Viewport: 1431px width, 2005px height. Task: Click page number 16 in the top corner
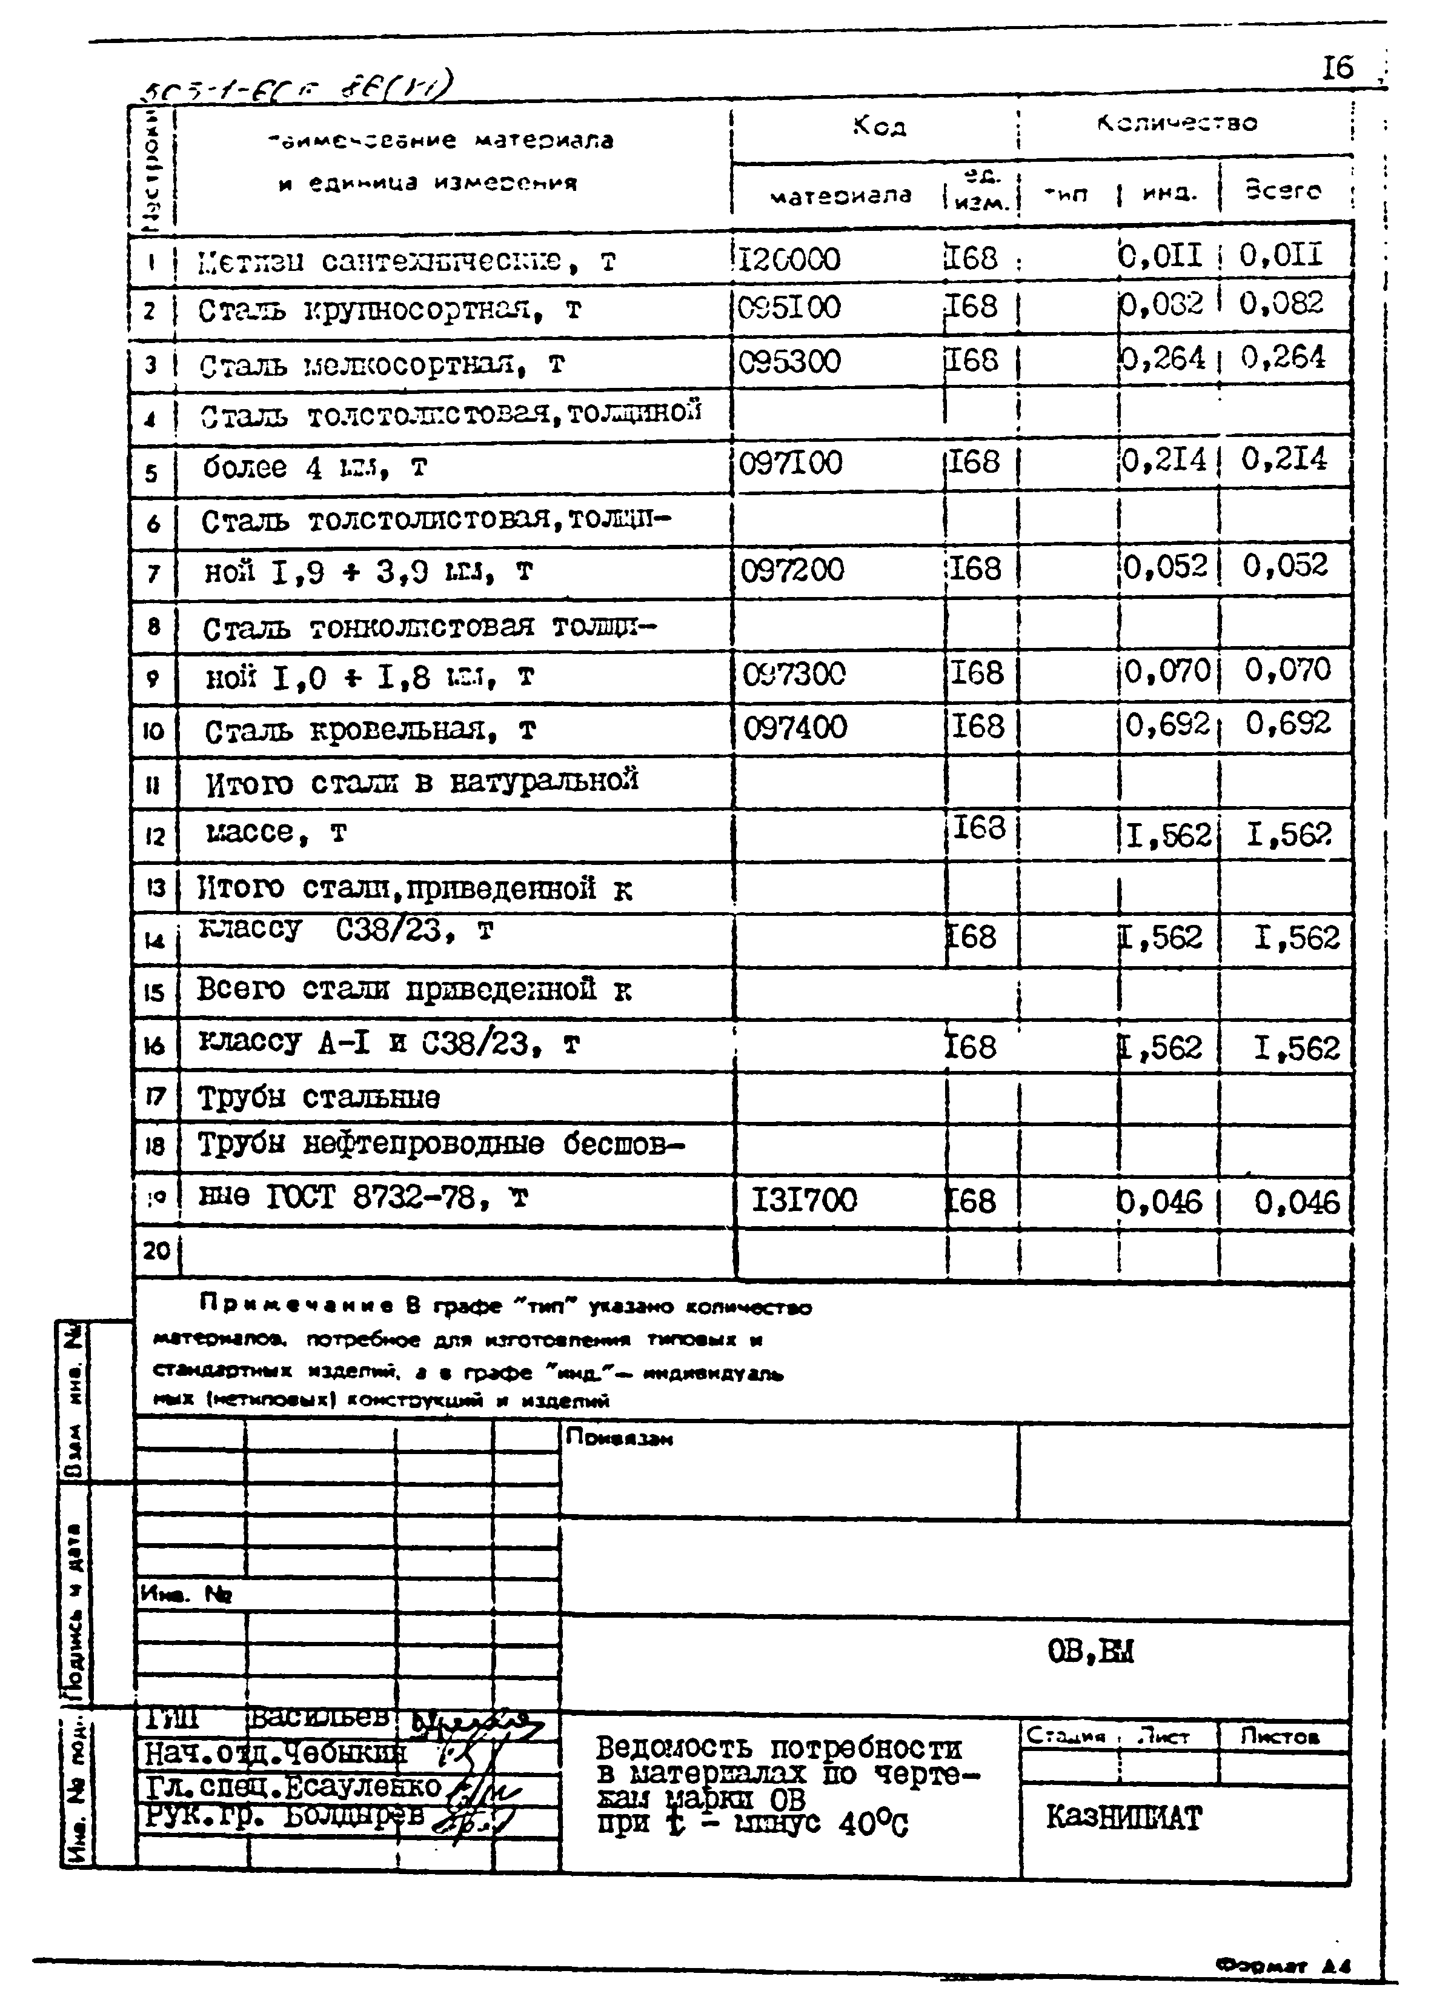click(1336, 68)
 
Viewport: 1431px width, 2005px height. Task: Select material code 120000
click(789, 259)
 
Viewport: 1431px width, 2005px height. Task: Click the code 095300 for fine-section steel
click(789, 361)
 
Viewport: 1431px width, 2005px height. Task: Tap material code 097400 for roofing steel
click(795, 728)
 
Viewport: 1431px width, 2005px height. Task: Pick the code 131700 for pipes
click(803, 1200)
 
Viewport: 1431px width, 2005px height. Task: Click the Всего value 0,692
click(1287, 724)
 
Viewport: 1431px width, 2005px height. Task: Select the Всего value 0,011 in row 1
click(1281, 256)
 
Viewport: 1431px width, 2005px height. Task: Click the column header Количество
click(1177, 124)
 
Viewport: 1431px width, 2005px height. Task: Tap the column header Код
click(878, 126)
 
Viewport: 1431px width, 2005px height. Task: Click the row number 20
click(156, 1250)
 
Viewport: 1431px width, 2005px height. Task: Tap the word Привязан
click(619, 1438)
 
